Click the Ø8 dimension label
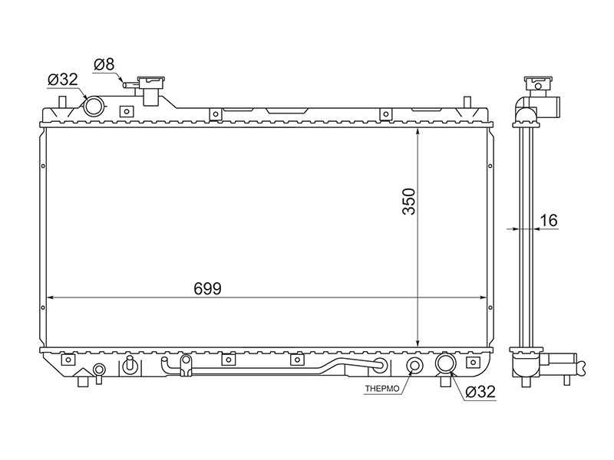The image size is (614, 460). click(104, 64)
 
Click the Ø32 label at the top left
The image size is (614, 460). click(63, 80)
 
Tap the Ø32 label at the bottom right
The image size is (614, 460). click(480, 392)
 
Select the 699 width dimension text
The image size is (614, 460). click(207, 289)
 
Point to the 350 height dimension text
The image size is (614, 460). click(409, 202)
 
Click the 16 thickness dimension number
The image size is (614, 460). click(549, 221)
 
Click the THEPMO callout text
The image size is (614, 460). click(382, 389)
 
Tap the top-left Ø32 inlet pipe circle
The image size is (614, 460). click(94, 106)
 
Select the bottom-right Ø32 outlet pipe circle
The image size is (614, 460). click(446, 363)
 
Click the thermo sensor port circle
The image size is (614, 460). click(414, 366)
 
